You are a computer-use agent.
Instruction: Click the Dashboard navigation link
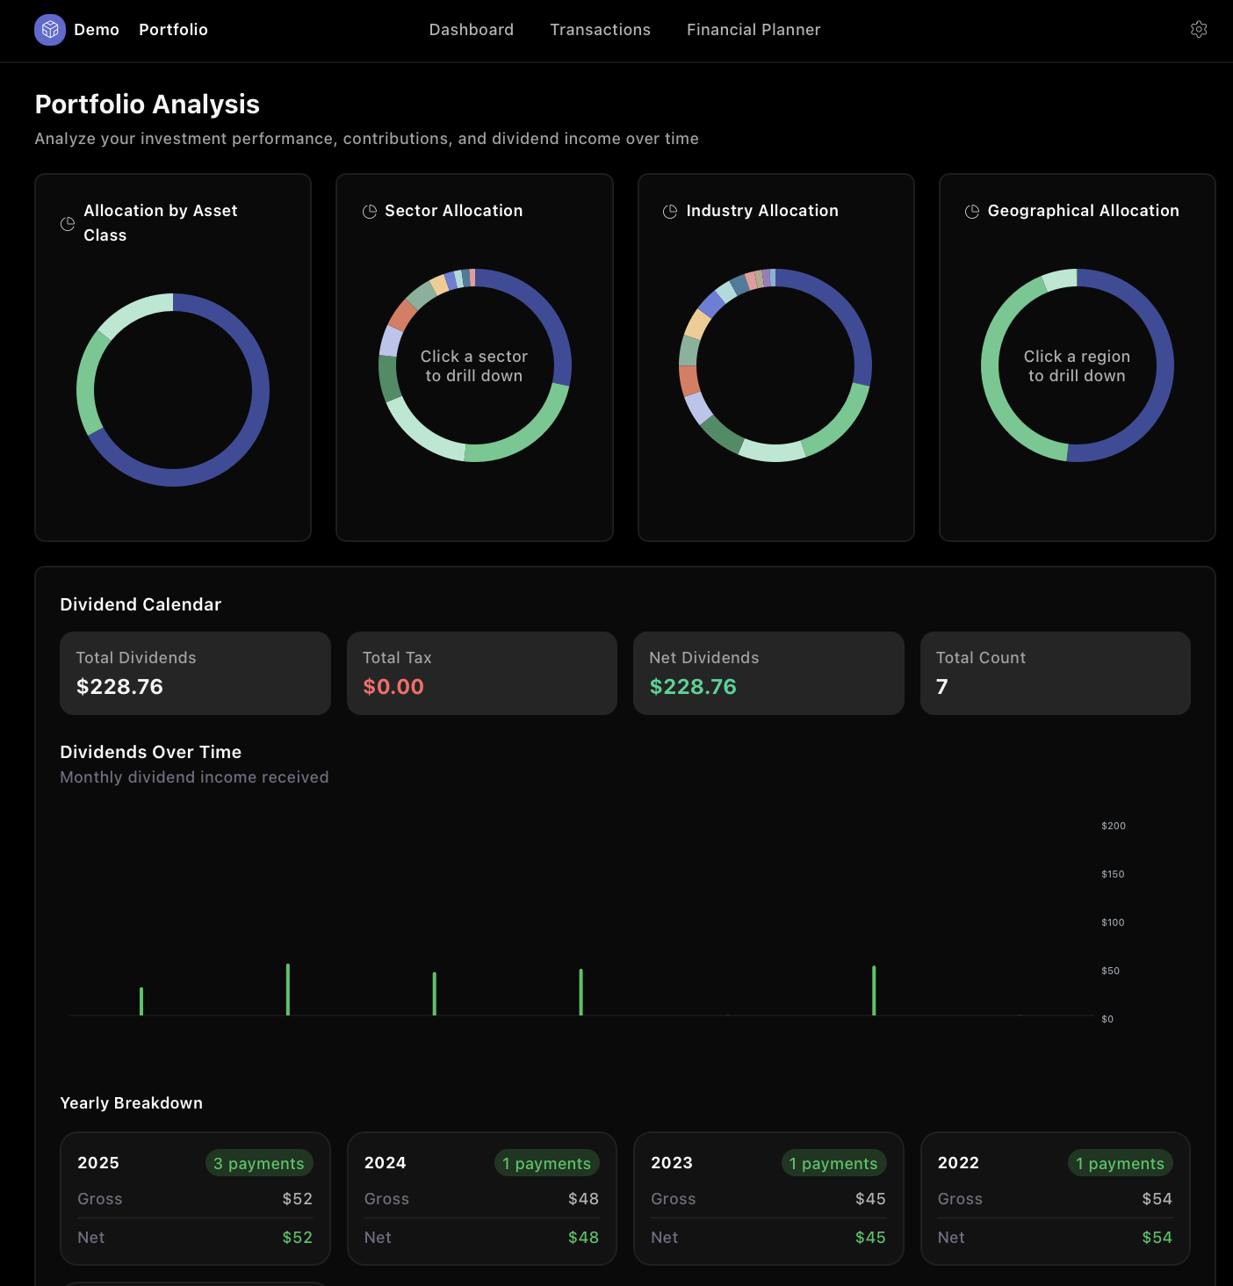click(471, 30)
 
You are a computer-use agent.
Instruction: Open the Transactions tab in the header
click(600, 30)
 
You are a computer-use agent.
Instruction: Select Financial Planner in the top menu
click(753, 30)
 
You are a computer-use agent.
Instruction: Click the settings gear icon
click(1198, 30)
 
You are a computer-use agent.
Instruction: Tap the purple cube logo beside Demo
click(50, 30)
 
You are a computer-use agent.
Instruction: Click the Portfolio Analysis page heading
click(148, 105)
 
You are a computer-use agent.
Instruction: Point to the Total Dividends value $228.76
click(119, 687)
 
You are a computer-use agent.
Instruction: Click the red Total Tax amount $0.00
click(393, 687)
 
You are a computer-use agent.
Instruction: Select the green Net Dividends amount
click(693, 687)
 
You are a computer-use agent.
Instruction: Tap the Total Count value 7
click(941, 687)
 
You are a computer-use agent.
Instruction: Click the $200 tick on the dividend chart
click(1113, 826)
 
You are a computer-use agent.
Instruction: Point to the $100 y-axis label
click(1113, 922)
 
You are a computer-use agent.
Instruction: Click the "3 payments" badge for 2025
click(259, 1163)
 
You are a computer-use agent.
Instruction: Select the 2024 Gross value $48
click(583, 1199)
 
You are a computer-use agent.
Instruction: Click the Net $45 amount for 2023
click(870, 1238)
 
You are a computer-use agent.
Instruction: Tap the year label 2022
click(958, 1163)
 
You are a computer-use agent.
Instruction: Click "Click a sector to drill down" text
click(474, 366)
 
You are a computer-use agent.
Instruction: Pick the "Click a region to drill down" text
click(1077, 366)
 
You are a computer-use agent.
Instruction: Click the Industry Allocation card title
click(762, 211)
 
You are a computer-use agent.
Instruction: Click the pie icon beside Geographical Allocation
click(972, 212)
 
